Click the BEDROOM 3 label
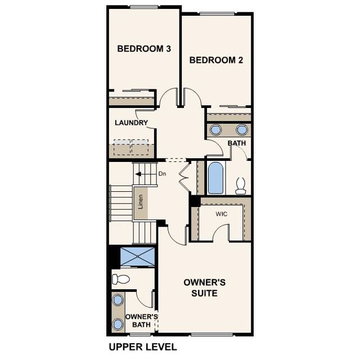[x=144, y=49]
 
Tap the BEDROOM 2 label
[x=216, y=60]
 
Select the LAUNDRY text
[x=131, y=123]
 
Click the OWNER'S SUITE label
[x=205, y=287]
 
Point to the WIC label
[x=221, y=214]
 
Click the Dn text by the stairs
[x=162, y=174]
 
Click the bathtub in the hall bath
[x=215, y=178]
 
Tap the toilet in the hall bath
[x=241, y=186]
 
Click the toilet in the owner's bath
[x=120, y=279]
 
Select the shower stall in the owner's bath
[x=137, y=256]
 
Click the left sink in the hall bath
[x=216, y=130]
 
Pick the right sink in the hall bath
[x=242, y=130]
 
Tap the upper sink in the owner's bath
[x=118, y=300]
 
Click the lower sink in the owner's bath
[x=118, y=325]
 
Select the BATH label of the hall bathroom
[x=237, y=144]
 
